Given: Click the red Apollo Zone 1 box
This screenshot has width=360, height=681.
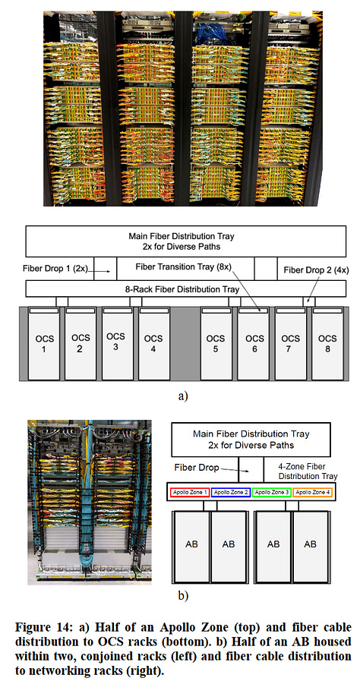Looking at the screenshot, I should point(190,492).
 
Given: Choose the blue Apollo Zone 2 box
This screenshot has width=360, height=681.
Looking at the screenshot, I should point(232,492).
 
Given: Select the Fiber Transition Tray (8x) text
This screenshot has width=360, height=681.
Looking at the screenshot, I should point(185,268).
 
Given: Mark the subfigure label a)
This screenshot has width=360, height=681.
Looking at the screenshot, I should point(182,395).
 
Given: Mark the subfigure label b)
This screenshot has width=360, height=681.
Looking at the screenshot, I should point(182,595).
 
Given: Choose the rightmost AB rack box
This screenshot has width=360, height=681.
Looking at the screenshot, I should point(311,544).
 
